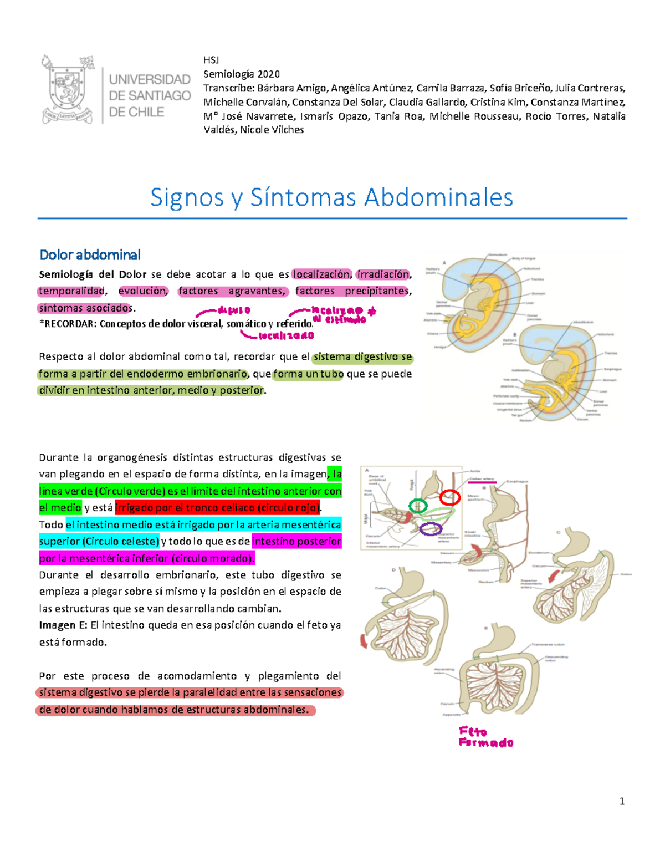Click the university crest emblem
click(68, 89)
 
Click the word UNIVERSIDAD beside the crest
click(150, 79)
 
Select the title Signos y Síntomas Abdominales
click(331, 197)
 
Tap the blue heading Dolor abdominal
click(90, 255)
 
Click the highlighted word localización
click(322, 274)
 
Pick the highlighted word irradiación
click(383, 274)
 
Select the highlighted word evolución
click(142, 291)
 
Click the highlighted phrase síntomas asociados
click(85, 308)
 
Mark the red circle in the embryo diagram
click(449, 497)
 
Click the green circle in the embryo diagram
click(418, 506)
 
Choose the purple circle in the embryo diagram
click(430, 529)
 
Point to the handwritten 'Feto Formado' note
click(485, 737)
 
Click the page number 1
click(622, 801)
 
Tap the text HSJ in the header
click(211, 60)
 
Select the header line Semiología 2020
click(242, 74)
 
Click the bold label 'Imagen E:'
click(63, 625)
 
